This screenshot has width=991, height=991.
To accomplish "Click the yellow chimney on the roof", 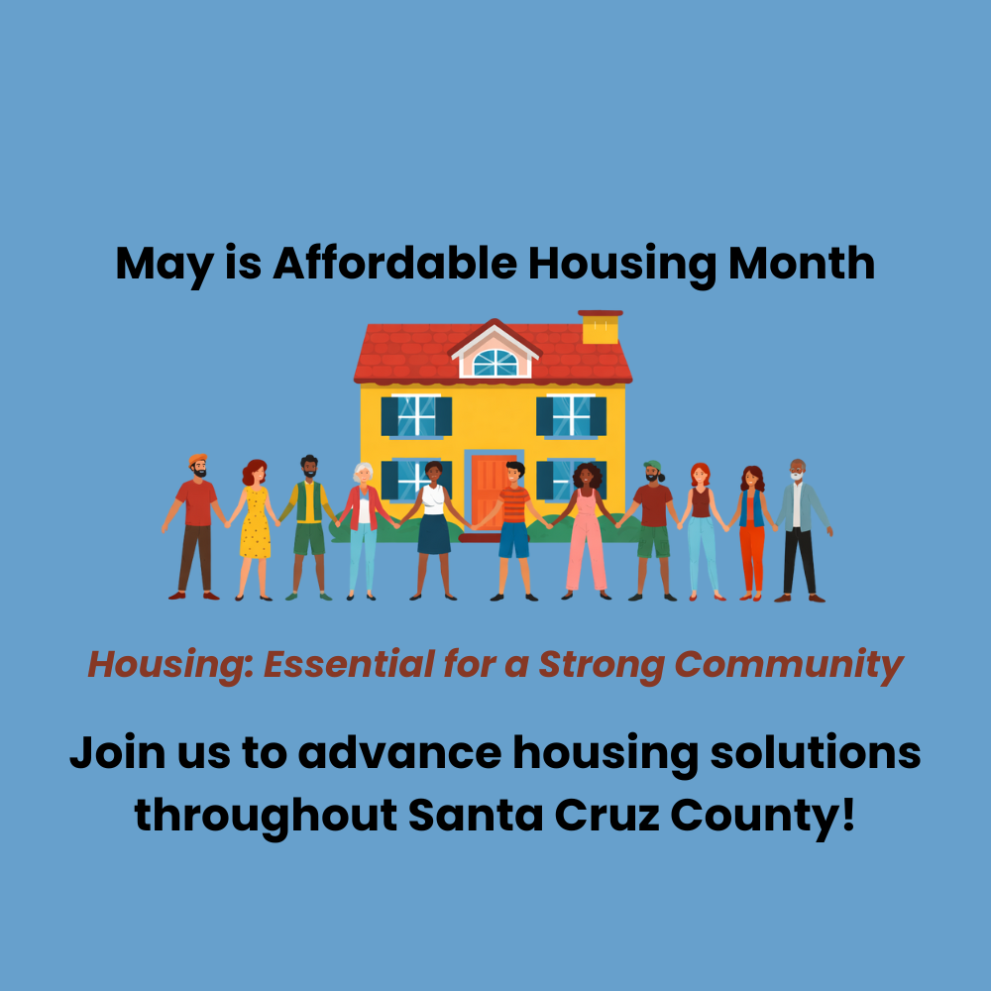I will pos(601,328).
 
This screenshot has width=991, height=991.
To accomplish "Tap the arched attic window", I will pos(495,363).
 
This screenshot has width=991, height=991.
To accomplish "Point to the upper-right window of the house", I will pos(571,415).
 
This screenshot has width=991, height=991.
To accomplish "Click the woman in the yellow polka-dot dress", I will pos(255,525).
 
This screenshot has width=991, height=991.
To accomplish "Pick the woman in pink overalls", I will pos(587,530).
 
